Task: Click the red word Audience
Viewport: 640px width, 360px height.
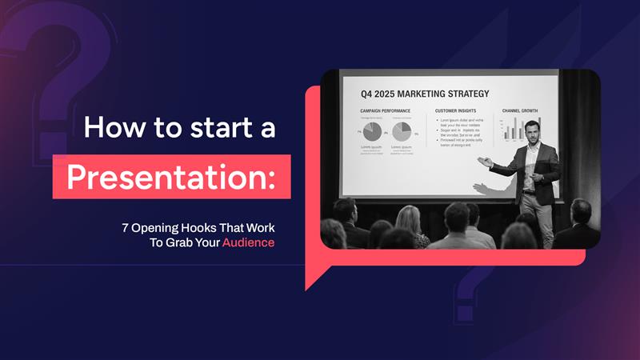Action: point(248,242)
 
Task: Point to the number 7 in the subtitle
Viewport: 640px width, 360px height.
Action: point(126,227)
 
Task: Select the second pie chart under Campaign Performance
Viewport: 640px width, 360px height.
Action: point(402,131)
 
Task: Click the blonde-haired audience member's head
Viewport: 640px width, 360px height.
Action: point(407,218)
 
